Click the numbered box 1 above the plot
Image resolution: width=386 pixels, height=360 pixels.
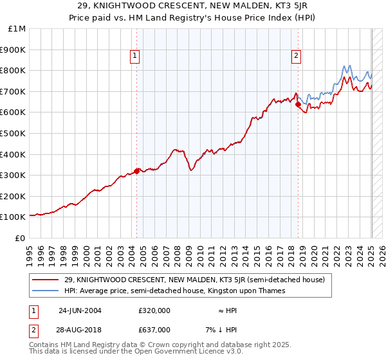pyautogui.click(x=135, y=57)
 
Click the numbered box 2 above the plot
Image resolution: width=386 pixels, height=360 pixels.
pyautogui.click(x=296, y=57)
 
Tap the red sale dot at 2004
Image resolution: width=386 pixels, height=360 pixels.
pyautogui.click(x=136, y=171)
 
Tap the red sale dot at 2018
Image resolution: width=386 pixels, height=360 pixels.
pyautogui.click(x=298, y=105)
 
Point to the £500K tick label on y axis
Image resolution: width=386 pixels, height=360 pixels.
pyautogui.click(x=13, y=133)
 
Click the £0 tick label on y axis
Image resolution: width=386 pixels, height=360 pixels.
pyautogui.click(x=21, y=238)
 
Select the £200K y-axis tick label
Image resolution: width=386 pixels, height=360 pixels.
pyautogui.click(x=13, y=196)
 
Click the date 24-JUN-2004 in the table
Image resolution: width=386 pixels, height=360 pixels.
pyautogui.click(x=80, y=310)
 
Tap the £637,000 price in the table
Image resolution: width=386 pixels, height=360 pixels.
pyautogui.click(x=154, y=329)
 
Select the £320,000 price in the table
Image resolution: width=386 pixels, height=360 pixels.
pyautogui.click(x=154, y=310)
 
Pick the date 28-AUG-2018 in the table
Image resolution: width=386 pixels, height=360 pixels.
pyautogui.click(x=80, y=329)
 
